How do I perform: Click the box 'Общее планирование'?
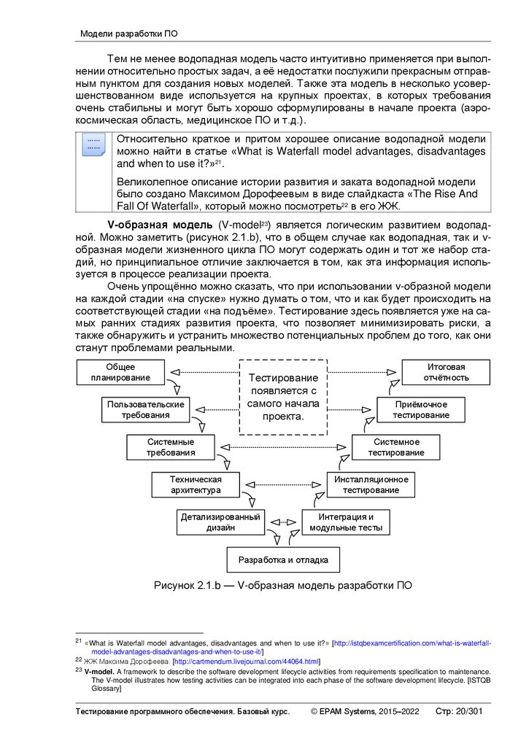point(121,372)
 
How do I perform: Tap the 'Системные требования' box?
point(171,447)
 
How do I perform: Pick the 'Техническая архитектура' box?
point(196,485)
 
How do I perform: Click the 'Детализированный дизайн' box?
point(220,522)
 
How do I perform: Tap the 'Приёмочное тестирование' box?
point(421,409)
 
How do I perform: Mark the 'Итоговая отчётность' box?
point(445,372)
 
